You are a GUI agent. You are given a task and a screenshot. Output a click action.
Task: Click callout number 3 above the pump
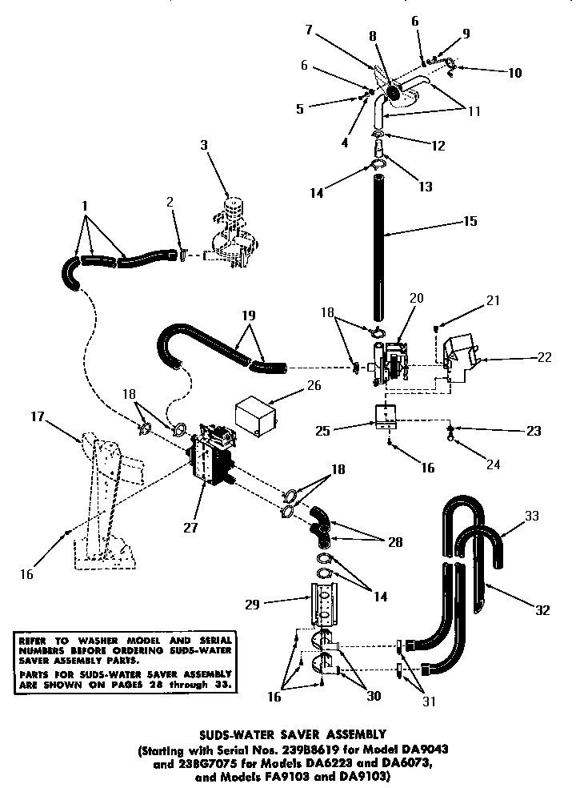click(x=204, y=146)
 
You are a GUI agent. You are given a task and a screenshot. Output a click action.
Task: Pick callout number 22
click(x=544, y=357)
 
